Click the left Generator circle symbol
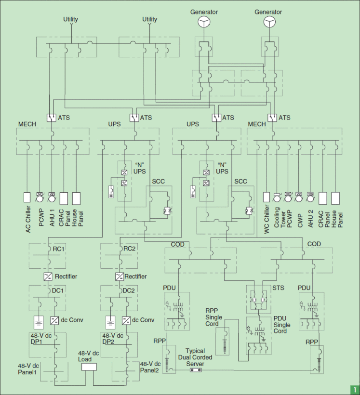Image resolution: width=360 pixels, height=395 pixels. point(204,22)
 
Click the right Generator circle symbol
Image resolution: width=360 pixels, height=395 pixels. point(269,22)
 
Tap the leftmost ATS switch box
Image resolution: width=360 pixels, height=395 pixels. point(52,118)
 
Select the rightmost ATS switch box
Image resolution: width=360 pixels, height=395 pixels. point(272,118)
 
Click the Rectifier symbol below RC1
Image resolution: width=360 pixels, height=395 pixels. point(48,276)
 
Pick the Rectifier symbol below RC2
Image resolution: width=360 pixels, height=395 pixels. point(120,276)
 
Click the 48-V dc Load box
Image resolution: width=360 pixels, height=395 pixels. point(89,367)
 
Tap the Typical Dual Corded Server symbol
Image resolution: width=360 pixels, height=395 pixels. point(195,370)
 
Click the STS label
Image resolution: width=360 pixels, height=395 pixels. point(278,288)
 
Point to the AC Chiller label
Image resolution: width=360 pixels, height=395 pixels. point(28,219)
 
